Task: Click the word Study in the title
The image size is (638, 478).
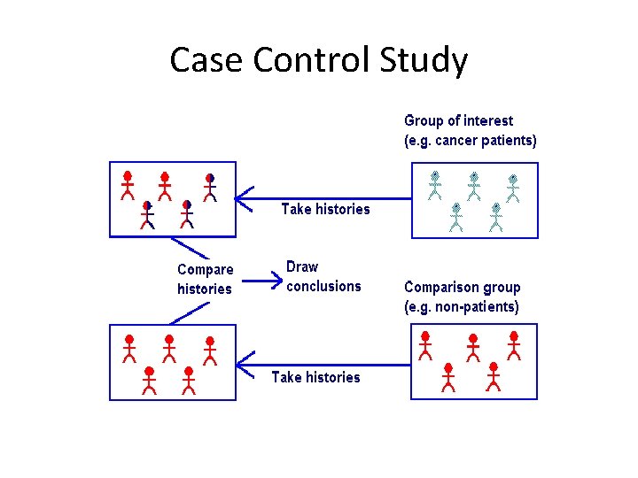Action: [x=424, y=60]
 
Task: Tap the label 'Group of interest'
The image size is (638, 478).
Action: [x=458, y=120]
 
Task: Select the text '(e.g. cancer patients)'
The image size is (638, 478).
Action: [x=470, y=140]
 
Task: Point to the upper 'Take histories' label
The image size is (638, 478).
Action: [x=325, y=209]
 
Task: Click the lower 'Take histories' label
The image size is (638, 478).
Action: [x=315, y=377]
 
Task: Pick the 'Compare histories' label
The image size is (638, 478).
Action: [x=205, y=279]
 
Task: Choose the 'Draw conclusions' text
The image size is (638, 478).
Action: [x=323, y=276]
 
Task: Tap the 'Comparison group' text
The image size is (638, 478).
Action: [x=462, y=287]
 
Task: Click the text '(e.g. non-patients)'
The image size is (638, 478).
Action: [x=461, y=307]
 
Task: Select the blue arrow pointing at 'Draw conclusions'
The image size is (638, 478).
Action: [x=261, y=282]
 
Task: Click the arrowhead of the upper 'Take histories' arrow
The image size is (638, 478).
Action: [x=243, y=197]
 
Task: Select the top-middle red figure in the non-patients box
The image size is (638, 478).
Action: [x=472, y=347]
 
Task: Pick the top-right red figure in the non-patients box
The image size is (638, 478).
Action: [x=513, y=344]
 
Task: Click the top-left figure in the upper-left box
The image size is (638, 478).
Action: [x=128, y=183]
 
